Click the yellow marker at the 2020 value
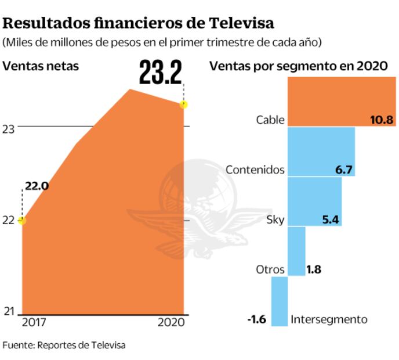click(184, 105)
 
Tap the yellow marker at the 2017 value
click(22, 221)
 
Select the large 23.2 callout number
click(160, 72)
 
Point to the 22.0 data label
click(36, 186)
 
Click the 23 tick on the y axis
click(8, 129)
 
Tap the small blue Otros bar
click(296, 251)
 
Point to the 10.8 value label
click(382, 120)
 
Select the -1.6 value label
click(256, 319)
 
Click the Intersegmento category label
click(329, 319)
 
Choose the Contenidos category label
click(255, 170)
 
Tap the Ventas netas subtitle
click(41, 66)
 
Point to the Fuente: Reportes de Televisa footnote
click(64, 345)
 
